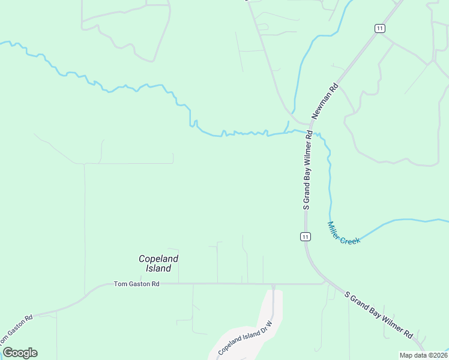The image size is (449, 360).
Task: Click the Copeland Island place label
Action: (x=159, y=263)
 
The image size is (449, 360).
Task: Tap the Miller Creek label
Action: (x=343, y=233)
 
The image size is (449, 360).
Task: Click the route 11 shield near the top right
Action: (x=379, y=28)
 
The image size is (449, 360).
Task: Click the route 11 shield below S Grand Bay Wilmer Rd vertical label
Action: (x=306, y=237)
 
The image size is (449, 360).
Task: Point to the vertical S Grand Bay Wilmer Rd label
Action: (x=307, y=170)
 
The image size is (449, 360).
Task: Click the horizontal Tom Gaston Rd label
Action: (x=136, y=284)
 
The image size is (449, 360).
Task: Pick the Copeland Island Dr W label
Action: (x=246, y=337)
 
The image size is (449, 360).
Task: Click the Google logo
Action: (x=20, y=353)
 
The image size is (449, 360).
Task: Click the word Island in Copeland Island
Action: (x=159, y=268)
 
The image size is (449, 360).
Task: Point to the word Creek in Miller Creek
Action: (x=350, y=238)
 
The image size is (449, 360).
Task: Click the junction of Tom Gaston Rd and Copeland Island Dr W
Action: (x=273, y=284)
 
